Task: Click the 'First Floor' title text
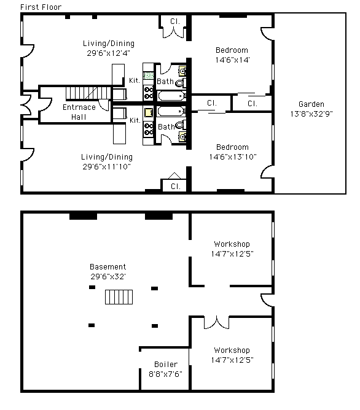point(41,7)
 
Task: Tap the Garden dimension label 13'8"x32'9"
point(311,114)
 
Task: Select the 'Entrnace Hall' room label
point(79,112)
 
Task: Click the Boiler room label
point(166,364)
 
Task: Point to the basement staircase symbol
point(119,297)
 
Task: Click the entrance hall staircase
point(88,93)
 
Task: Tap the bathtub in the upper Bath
point(171,96)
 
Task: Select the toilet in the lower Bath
point(181,125)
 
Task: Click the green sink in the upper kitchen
point(149,76)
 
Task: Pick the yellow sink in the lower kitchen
point(148,113)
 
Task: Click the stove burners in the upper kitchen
point(148,93)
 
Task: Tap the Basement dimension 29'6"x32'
point(108,277)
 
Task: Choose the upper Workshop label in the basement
point(232,244)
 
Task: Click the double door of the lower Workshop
point(217,322)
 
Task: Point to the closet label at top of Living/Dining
point(175,21)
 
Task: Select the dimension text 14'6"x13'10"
point(233,157)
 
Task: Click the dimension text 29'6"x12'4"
point(108,53)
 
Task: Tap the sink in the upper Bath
point(182,71)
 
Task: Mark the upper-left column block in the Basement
point(92,287)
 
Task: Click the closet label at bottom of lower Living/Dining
point(176,187)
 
